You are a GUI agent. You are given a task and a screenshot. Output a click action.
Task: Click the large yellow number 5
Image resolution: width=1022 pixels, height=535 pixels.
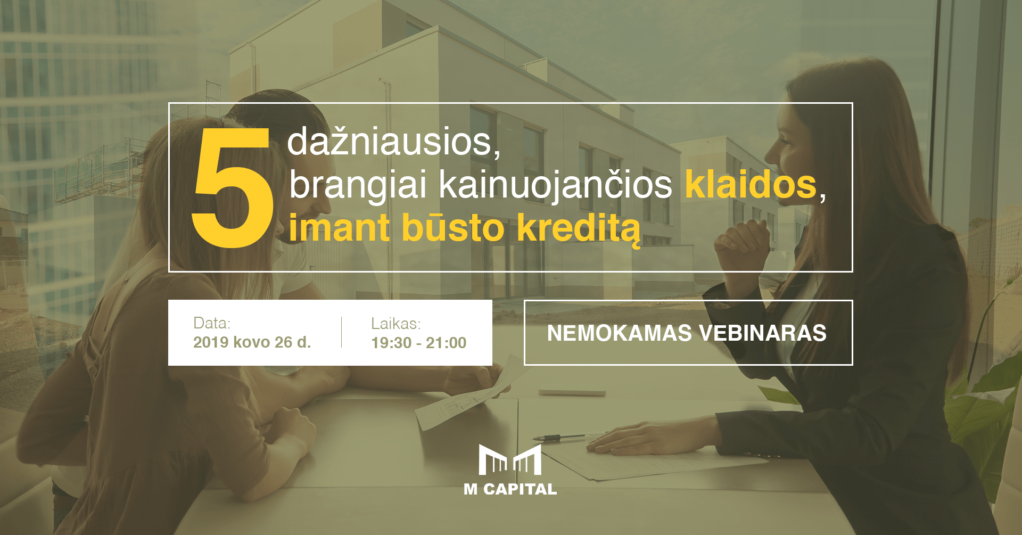tap(233, 187)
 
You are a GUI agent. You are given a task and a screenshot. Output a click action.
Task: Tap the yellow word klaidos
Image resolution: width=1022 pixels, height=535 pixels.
tap(751, 184)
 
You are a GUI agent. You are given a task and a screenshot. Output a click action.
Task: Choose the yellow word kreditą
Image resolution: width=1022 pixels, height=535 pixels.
tap(579, 229)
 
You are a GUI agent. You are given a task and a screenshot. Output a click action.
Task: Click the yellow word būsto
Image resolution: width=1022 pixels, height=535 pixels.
tap(452, 228)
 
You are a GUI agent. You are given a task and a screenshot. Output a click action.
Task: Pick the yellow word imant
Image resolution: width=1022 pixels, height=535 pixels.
tap(339, 228)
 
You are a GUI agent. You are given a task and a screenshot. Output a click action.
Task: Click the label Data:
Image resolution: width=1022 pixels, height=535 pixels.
tap(211, 323)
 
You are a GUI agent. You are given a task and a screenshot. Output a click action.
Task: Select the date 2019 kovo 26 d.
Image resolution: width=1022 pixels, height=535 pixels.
tap(252, 342)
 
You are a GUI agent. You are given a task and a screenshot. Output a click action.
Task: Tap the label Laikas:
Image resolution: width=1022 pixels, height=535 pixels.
tap(395, 323)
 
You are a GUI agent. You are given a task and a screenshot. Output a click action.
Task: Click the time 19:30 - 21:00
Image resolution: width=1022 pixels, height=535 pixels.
tap(419, 342)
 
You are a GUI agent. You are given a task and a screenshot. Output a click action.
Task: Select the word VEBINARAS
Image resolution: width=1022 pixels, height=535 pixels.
tap(763, 333)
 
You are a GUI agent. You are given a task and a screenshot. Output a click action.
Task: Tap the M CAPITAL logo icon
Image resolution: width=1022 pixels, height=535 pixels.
tap(510, 459)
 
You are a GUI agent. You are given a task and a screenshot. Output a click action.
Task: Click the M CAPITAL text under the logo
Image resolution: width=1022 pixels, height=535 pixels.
tap(510, 489)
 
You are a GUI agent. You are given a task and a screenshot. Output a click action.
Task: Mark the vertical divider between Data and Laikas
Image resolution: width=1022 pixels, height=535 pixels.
tap(341, 332)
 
